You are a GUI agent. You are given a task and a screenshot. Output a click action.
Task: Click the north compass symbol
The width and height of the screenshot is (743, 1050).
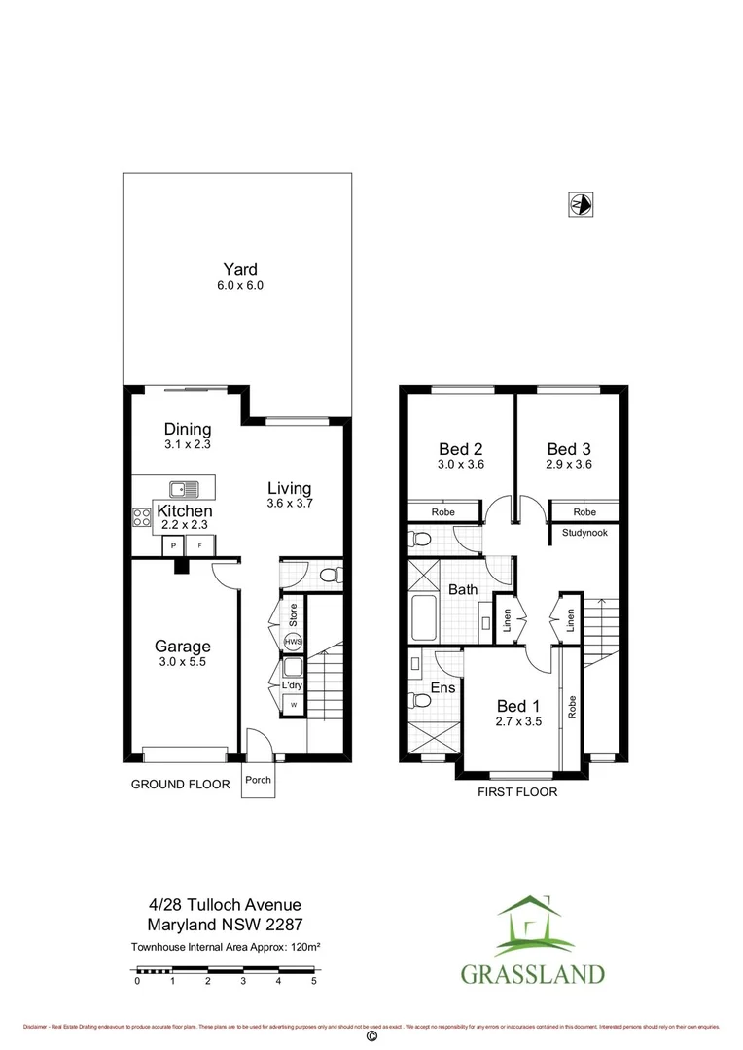point(581,204)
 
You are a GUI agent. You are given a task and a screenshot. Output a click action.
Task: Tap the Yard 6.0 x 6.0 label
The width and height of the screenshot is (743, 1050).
point(240,277)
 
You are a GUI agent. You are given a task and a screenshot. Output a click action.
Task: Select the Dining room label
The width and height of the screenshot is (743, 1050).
point(187,429)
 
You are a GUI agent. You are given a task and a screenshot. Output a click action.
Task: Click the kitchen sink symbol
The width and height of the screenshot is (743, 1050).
point(182,490)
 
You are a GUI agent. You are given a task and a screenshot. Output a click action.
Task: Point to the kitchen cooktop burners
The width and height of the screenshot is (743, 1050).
point(141,517)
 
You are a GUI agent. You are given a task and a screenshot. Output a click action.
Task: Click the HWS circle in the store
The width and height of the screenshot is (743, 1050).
point(292,642)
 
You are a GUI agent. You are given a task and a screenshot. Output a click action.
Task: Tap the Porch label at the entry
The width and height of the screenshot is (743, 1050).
point(258,780)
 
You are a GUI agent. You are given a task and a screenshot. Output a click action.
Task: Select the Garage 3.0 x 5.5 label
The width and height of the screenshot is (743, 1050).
point(182,652)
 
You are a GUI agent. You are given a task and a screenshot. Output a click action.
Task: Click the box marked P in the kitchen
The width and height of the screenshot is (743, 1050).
point(174,546)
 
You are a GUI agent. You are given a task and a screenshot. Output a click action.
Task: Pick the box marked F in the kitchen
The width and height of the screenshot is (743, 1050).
point(200,546)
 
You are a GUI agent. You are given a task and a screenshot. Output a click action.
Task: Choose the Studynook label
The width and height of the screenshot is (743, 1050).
point(584,533)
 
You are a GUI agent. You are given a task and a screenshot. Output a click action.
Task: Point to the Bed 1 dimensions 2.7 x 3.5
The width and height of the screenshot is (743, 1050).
point(517,722)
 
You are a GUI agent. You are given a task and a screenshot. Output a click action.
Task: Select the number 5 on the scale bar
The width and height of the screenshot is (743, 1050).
point(313,982)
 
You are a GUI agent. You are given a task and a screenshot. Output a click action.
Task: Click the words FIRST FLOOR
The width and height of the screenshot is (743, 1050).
point(516,792)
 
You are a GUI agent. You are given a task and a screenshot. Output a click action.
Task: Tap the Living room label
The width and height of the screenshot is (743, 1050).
point(289,488)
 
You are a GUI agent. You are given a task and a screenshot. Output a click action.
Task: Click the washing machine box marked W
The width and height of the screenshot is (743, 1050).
point(291,704)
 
